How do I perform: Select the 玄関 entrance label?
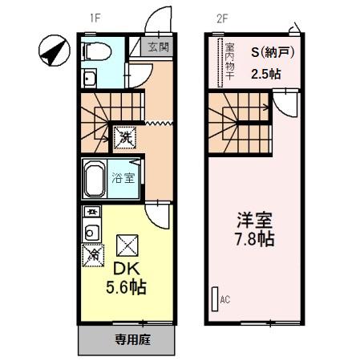pyautogui.click(x=158, y=47)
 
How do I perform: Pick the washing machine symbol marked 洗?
pyautogui.click(x=126, y=138)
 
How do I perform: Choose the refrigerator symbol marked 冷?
pyautogui.click(x=93, y=255)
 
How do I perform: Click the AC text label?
pyautogui.click(x=225, y=300)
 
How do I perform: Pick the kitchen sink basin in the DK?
pyautogui.click(x=91, y=233)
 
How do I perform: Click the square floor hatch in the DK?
pyautogui.click(x=127, y=244)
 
